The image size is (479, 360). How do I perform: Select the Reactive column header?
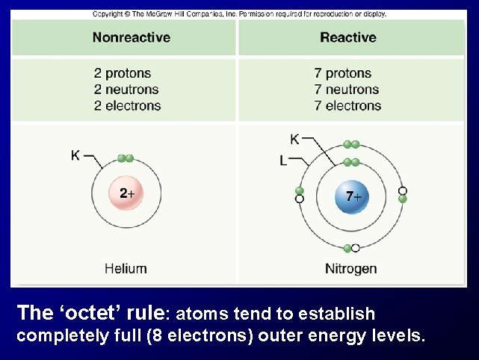point(347,37)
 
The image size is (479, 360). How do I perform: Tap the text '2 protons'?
point(123,73)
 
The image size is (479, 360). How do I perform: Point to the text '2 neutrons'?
point(126,89)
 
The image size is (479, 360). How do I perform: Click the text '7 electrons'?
point(347,105)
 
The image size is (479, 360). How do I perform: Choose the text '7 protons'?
point(343,73)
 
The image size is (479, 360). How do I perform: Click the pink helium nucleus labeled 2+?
point(126,193)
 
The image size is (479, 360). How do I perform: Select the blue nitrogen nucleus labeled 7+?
point(350,196)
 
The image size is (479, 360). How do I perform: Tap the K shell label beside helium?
point(75,155)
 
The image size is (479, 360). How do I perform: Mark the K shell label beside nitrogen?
point(294,138)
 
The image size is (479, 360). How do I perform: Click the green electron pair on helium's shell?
point(126,158)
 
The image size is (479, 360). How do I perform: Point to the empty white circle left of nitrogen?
point(300,199)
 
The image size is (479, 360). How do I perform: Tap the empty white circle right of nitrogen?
point(403,190)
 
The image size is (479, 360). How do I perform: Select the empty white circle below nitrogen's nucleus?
point(356,248)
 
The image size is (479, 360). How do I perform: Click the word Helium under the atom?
point(126,267)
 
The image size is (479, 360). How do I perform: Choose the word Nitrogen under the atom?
point(350,268)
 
